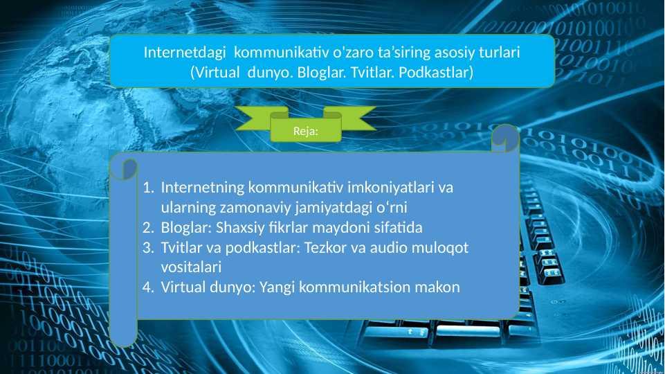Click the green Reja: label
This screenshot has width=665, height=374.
(x=306, y=131)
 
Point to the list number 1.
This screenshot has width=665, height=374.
(x=148, y=187)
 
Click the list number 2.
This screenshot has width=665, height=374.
(x=148, y=228)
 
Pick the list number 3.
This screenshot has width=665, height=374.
(x=148, y=247)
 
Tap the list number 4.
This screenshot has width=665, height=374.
(x=148, y=287)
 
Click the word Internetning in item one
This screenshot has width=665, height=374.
(x=203, y=188)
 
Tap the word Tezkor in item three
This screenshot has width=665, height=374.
(x=326, y=247)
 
